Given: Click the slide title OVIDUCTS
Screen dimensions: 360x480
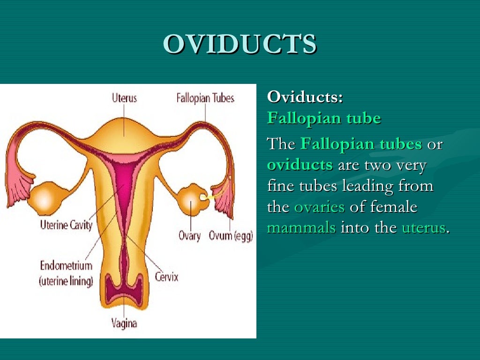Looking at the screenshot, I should (240, 45).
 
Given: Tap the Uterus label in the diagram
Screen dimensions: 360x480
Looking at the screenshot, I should (124, 98).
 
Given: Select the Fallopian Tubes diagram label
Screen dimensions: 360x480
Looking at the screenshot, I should (205, 98).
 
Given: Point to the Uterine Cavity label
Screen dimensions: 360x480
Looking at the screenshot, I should (66, 225).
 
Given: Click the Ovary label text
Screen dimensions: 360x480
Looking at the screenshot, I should (190, 235).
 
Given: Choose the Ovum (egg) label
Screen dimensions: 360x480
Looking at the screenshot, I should (231, 235).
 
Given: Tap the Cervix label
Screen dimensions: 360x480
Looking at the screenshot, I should (166, 277).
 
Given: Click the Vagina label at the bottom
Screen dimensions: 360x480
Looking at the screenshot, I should (124, 323).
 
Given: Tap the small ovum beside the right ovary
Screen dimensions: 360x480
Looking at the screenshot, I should (204, 197).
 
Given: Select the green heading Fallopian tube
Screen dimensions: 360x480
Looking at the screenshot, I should (324, 118).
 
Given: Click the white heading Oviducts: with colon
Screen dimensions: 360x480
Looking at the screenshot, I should (305, 97).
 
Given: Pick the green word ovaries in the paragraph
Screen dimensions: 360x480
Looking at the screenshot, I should (319, 207).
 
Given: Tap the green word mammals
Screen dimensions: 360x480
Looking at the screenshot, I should (301, 228).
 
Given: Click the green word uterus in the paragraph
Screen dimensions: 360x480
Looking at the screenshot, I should (423, 228).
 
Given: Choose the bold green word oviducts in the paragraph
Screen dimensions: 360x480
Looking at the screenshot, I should (300, 165).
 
